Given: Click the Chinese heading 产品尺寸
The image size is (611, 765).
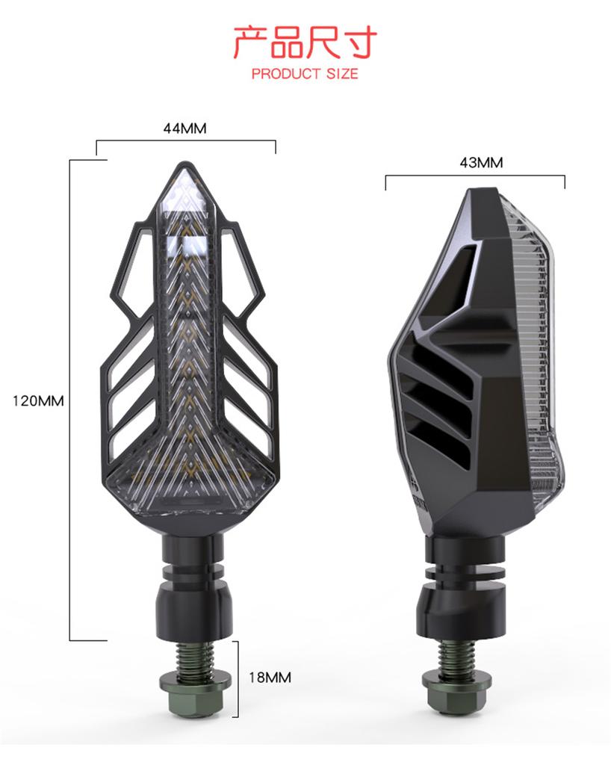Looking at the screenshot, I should click(305, 43).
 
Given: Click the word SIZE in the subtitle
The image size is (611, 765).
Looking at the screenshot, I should click(341, 74).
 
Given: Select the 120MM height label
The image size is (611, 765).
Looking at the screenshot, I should click(38, 400).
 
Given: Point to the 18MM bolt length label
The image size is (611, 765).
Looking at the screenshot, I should click(270, 678).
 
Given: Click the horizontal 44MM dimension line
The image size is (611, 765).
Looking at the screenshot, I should click(185, 140).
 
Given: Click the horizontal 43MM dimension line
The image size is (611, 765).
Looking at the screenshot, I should click(475, 176).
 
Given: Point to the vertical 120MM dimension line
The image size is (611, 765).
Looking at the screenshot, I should click(69, 400).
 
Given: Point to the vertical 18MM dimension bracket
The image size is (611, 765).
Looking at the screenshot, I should click(238, 678).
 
